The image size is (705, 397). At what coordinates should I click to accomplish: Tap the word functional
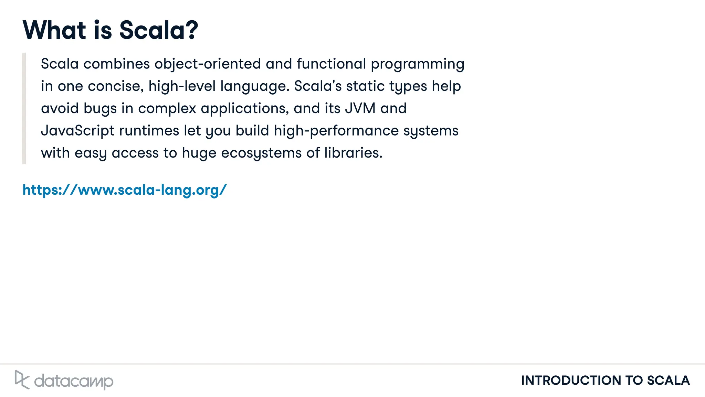(331, 64)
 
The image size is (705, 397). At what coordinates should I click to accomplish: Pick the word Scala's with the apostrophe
(317, 86)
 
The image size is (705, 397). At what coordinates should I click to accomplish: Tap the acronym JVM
(360, 108)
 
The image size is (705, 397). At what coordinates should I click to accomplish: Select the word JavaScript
(77, 131)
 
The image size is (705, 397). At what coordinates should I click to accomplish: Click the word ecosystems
(261, 153)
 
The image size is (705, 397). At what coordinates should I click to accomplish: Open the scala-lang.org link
(125, 190)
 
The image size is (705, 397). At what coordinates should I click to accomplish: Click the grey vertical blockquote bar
(24, 108)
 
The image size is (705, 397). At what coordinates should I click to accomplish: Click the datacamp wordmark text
(74, 381)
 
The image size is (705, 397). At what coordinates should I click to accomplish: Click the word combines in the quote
(117, 64)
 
